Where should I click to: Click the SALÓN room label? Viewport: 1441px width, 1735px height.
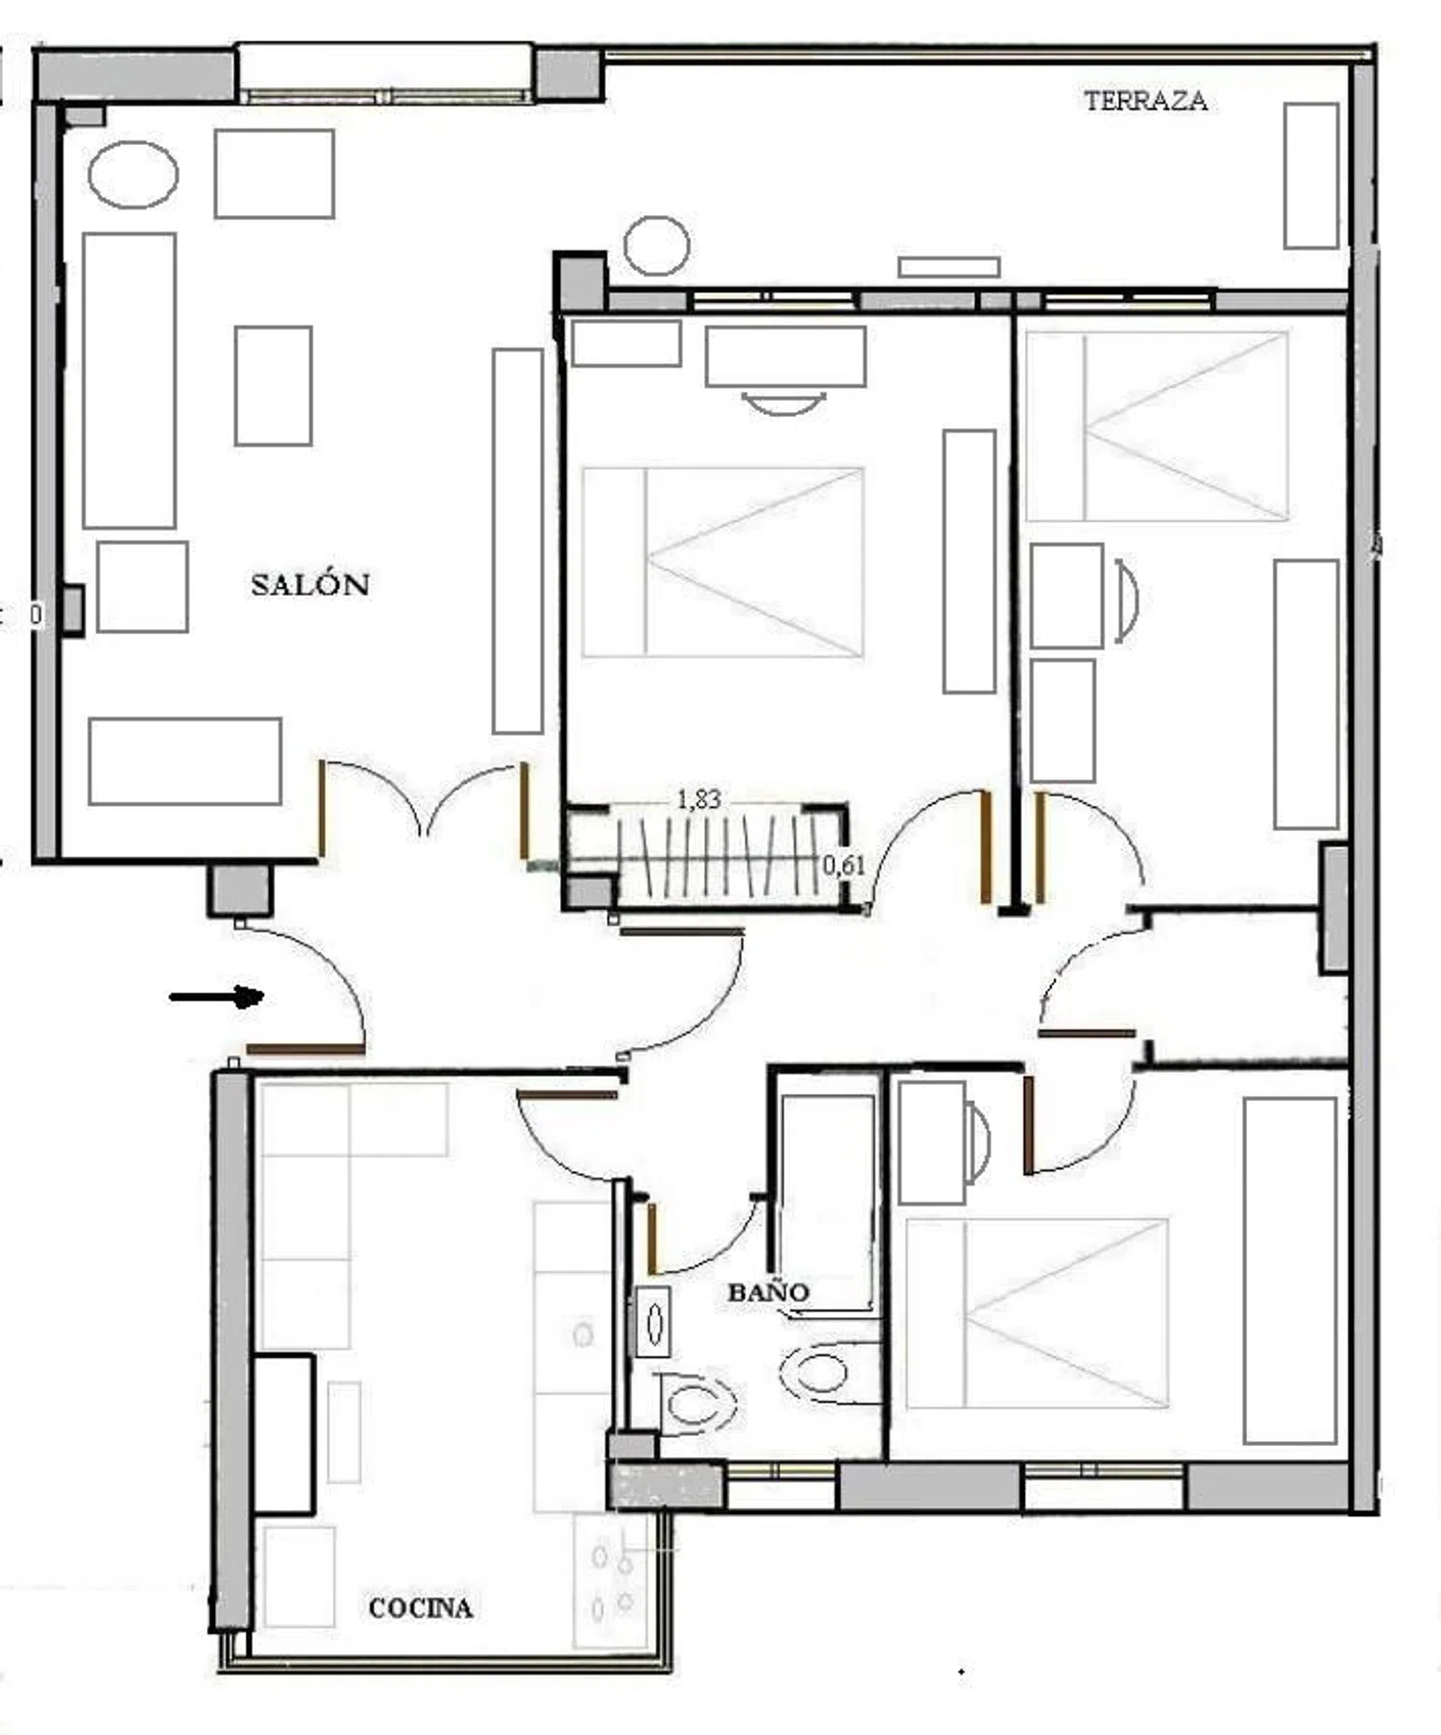click(x=310, y=584)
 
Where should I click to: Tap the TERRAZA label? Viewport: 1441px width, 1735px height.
click(x=1145, y=101)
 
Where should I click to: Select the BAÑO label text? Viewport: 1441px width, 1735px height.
click(x=769, y=1292)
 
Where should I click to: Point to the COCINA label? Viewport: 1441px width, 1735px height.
click(x=421, y=1608)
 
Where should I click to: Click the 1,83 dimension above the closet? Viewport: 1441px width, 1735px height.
click(x=698, y=799)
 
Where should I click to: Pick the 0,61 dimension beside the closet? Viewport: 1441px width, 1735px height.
click(x=843, y=865)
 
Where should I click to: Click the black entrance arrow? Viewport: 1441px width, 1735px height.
click(x=216, y=997)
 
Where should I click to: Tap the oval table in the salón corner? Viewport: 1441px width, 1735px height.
click(x=133, y=175)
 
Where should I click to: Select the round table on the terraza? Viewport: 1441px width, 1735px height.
click(x=656, y=245)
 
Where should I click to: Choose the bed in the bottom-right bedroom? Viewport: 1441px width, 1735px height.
click(x=1037, y=1313)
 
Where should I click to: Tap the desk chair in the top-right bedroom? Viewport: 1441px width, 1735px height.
click(x=1127, y=600)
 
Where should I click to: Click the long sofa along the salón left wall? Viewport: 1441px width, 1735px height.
click(x=129, y=380)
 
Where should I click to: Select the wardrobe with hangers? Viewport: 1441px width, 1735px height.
click(x=707, y=856)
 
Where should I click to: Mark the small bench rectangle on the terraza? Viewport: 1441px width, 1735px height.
click(x=949, y=266)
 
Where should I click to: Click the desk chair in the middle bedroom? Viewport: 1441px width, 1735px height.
click(x=784, y=403)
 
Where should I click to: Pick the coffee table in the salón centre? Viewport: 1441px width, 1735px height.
click(x=274, y=385)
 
